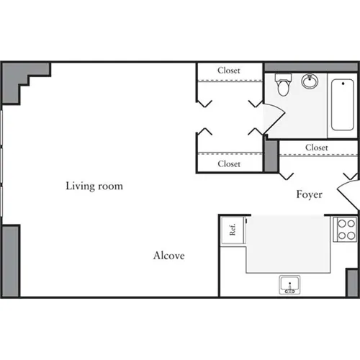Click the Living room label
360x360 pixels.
tap(94, 186)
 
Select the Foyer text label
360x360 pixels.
tap(309, 194)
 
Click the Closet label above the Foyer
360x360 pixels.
tap(316, 148)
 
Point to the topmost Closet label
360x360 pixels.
tap(229, 71)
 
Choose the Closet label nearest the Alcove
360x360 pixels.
tap(229, 164)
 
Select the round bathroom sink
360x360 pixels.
tap(311, 81)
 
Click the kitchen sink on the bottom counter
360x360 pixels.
tap(290, 286)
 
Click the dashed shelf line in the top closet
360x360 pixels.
tap(229, 80)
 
